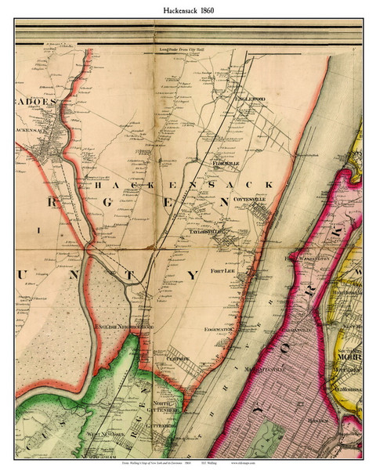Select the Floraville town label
227,164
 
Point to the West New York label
103,432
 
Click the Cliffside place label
179,361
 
